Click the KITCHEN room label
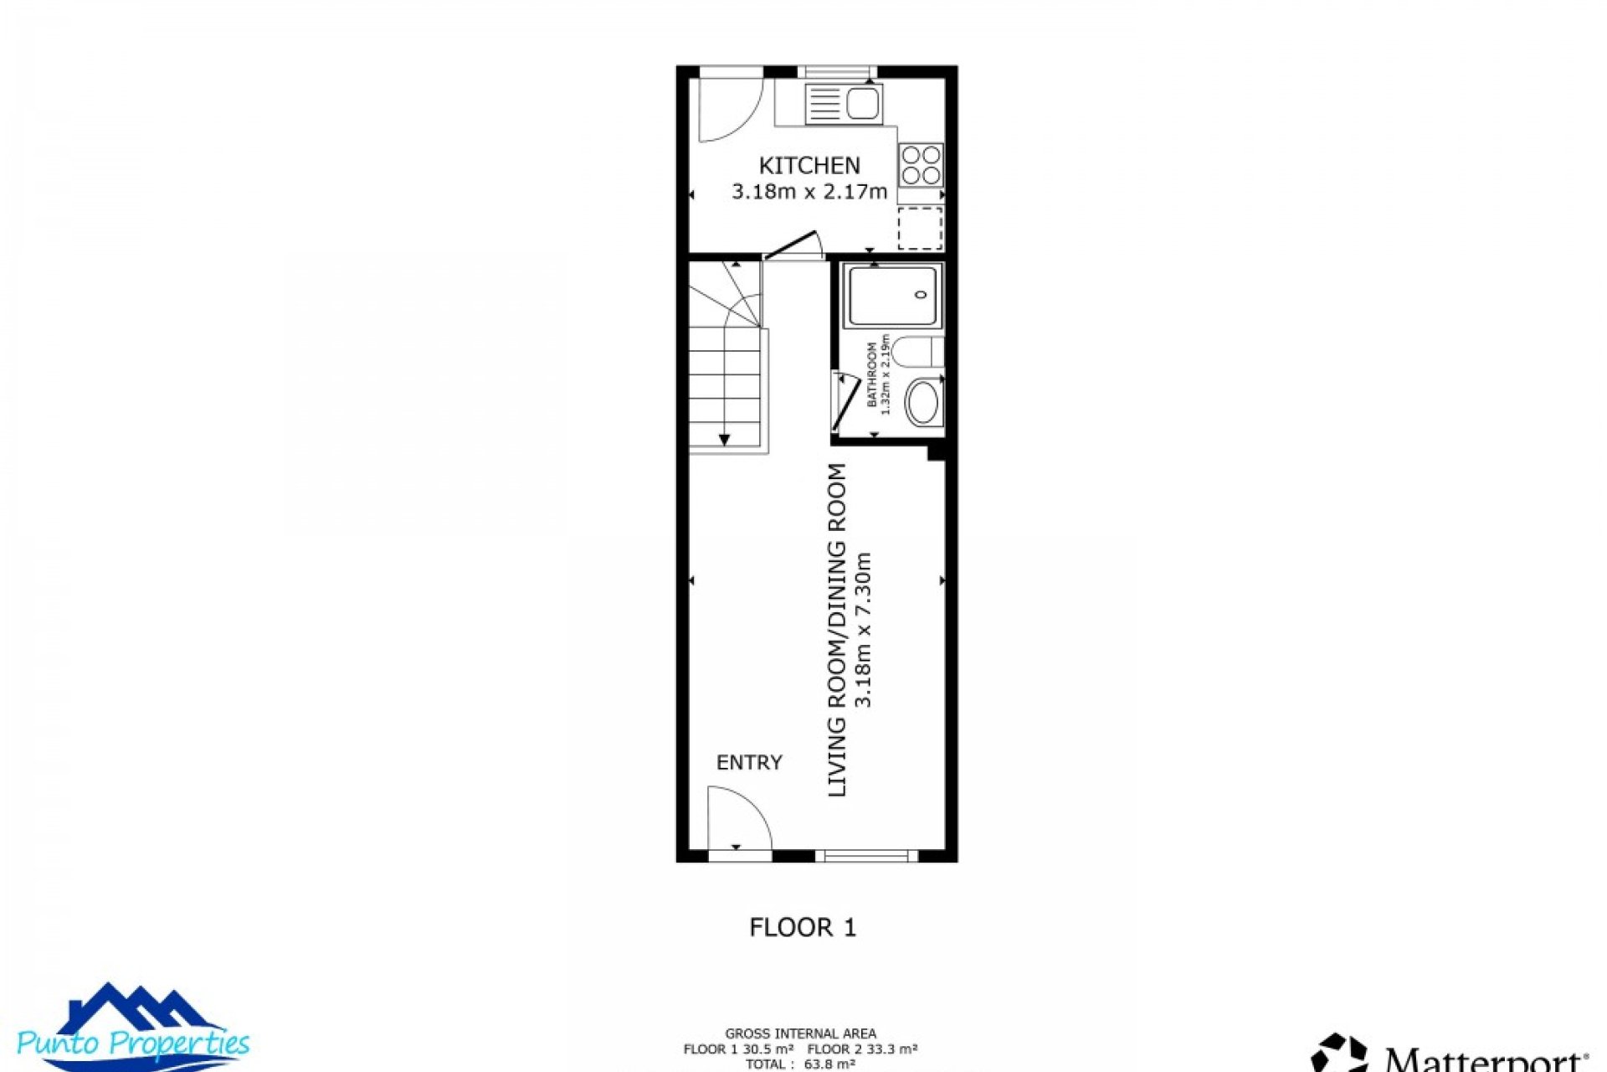click(x=809, y=165)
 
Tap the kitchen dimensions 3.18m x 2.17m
click(x=809, y=192)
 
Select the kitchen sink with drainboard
click(x=843, y=104)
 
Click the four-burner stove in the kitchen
click(x=921, y=165)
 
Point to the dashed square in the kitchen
click(x=920, y=228)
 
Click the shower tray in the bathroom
click(x=892, y=296)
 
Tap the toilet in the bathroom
click(x=916, y=351)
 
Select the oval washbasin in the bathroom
click(x=923, y=403)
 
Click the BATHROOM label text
click(x=871, y=374)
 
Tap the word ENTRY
click(x=749, y=762)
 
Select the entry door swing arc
click(x=738, y=817)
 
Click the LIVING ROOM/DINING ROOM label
click(x=837, y=630)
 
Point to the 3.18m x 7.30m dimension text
click(x=863, y=630)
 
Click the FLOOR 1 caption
click(x=802, y=927)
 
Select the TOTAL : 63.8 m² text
click(x=800, y=1064)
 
